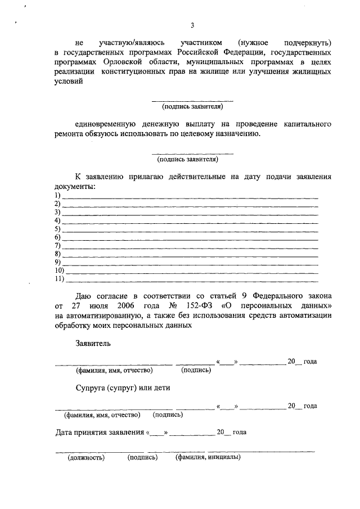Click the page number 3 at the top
click(x=192, y=25)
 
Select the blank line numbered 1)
click(x=190, y=197)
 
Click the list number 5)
click(x=57, y=229)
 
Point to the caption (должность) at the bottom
click(x=87, y=457)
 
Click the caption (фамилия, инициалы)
click(x=208, y=457)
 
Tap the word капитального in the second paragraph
click(x=305, y=123)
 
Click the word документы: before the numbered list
click(x=75, y=186)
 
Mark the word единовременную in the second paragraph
click(x=106, y=123)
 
